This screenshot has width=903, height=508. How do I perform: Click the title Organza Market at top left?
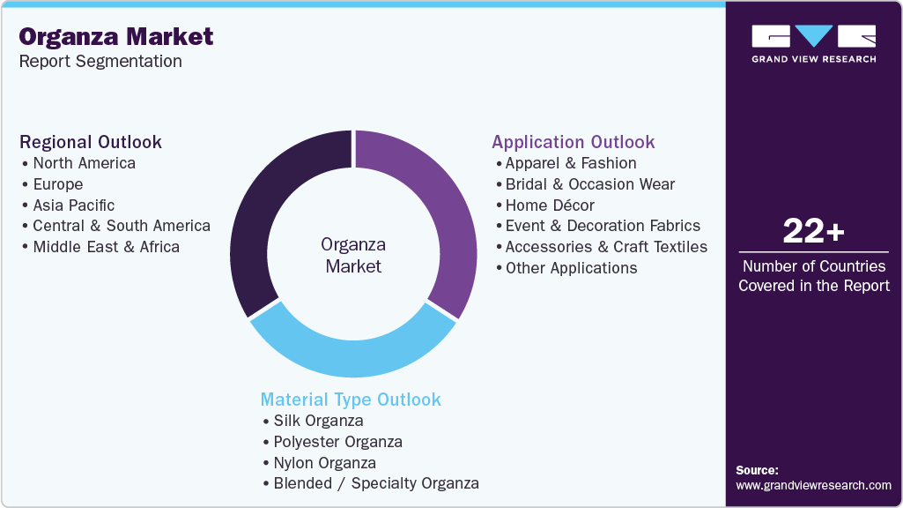tap(116, 36)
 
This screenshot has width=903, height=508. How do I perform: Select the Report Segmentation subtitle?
tap(100, 62)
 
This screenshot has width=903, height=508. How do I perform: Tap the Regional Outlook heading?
tap(91, 142)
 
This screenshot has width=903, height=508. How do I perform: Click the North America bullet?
tap(84, 163)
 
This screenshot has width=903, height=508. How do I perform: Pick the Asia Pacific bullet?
tap(73, 205)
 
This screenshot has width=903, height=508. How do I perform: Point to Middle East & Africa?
tap(106, 247)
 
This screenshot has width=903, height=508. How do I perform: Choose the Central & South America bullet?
tap(122, 226)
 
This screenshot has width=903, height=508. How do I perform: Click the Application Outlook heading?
tap(574, 142)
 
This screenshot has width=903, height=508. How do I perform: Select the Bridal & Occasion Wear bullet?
tap(589, 184)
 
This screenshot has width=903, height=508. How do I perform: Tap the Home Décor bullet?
tap(550, 205)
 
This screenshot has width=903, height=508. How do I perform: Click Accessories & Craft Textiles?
tap(606, 247)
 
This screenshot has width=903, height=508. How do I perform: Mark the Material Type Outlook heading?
tap(351, 400)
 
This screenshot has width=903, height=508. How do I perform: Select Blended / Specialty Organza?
tap(376, 483)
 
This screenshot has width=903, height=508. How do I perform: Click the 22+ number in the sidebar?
tap(814, 232)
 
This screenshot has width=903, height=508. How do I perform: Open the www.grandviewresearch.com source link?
tap(813, 485)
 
